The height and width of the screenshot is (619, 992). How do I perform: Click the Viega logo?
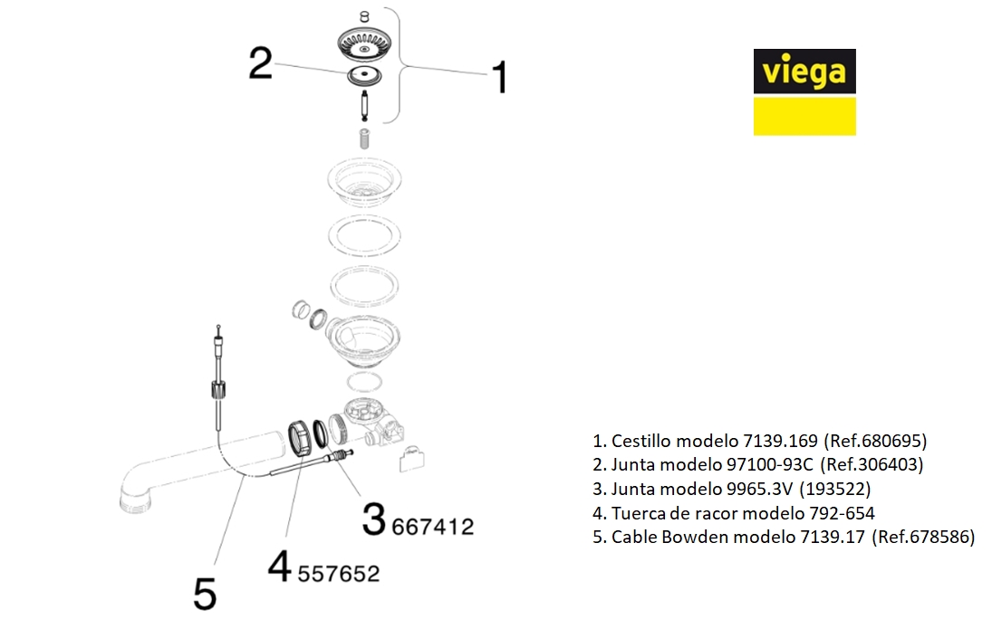[804, 91]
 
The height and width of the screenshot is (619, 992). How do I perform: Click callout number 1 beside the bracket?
[500, 77]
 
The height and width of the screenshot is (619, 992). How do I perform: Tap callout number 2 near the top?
[261, 63]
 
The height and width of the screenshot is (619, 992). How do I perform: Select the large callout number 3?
[374, 519]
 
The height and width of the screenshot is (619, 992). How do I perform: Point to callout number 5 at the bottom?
[205, 594]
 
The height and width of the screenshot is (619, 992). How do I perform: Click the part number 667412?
[433, 527]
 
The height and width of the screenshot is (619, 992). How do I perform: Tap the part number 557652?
[339, 574]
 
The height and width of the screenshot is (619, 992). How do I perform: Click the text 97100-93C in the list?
[769, 465]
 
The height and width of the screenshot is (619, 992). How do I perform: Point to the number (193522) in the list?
[835, 489]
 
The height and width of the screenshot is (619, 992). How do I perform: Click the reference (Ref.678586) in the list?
[923, 537]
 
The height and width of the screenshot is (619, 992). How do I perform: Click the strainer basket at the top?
[364, 43]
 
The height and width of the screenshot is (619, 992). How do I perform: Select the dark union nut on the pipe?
[300, 437]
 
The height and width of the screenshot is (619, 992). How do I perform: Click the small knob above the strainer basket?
[364, 16]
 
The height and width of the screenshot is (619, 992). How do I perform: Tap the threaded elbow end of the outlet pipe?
[135, 500]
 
